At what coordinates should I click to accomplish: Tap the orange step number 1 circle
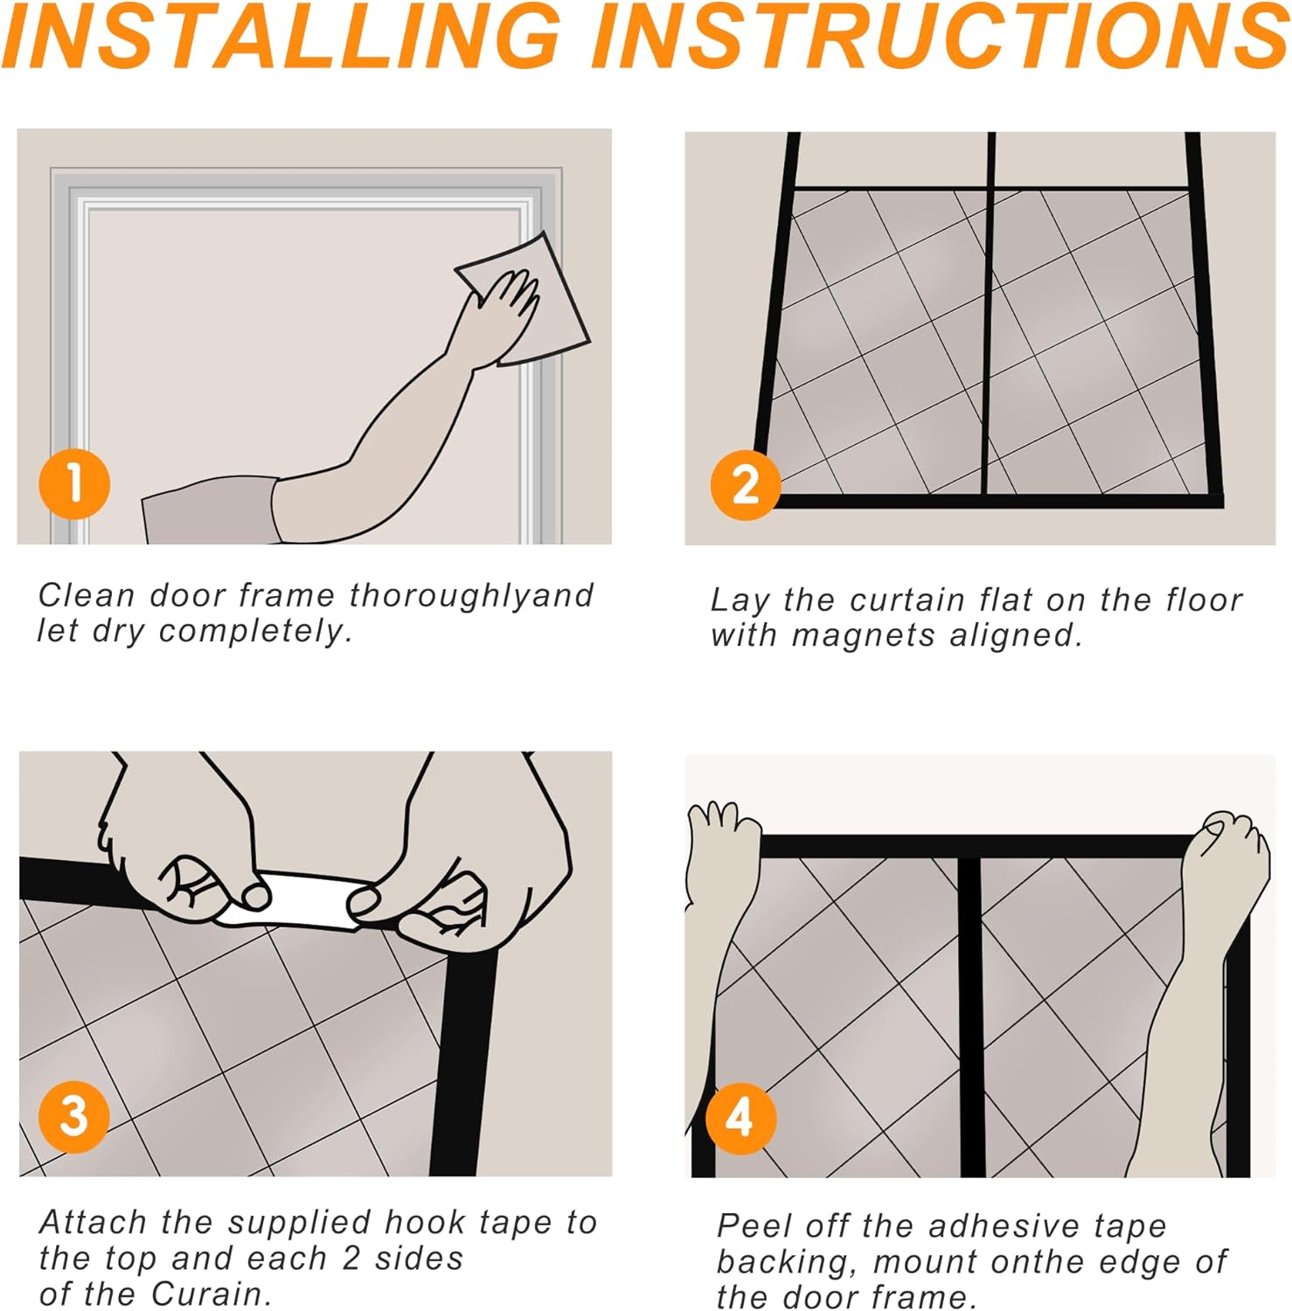[x=74, y=484]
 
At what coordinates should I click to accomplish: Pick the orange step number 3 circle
[x=74, y=1116]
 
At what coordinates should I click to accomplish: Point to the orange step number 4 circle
[x=740, y=1118]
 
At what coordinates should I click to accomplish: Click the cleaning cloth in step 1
[x=524, y=297]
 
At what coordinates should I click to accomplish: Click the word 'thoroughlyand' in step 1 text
[x=471, y=596]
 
